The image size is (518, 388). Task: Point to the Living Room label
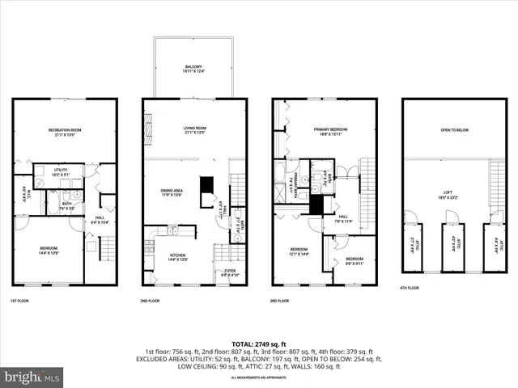click(x=194, y=130)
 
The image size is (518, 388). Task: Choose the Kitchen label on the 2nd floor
click(x=176, y=256)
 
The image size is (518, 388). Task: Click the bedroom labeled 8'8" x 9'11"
click(x=354, y=261)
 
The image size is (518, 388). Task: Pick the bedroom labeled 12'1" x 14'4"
click(x=299, y=251)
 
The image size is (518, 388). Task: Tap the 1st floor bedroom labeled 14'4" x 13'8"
click(x=48, y=251)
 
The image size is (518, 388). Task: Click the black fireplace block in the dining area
click(x=206, y=183)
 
